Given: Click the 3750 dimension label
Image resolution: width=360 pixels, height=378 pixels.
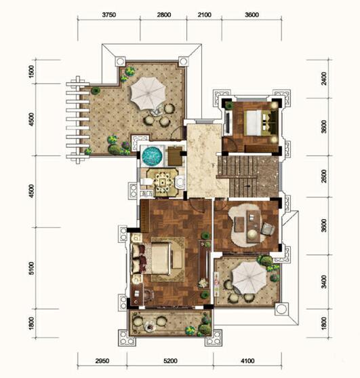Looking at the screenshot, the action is pyautogui.click(x=109, y=15).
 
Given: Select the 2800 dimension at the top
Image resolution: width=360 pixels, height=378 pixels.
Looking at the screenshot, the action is pyautogui.click(x=164, y=15).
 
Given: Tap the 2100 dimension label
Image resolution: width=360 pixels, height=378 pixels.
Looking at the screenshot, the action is pyautogui.click(x=205, y=15).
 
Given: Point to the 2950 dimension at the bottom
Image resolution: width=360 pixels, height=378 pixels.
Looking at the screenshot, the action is pyautogui.click(x=102, y=361).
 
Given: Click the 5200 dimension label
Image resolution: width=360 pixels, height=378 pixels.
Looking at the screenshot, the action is pyautogui.click(x=170, y=361).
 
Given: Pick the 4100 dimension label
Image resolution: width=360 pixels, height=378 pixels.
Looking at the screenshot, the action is pyautogui.click(x=247, y=361).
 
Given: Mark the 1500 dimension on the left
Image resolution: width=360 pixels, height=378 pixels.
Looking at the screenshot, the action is pyautogui.click(x=32, y=72).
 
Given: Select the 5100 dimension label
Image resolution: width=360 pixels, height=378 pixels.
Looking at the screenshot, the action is pyautogui.click(x=32, y=268).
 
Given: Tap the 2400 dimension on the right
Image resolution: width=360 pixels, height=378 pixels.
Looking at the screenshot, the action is pyautogui.click(x=324, y=78).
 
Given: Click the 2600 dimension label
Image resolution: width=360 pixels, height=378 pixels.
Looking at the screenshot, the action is pyautogui.click(x=324, y=176).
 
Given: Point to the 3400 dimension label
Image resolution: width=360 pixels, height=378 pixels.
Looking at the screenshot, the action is pyautogui.click(x=324, y=282).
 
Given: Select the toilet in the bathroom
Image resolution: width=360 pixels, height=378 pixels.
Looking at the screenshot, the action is pyautogui.click(x=146, y=181).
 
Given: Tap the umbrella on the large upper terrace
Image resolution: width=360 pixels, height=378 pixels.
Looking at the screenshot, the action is pyautogui.click(x=148, y=93).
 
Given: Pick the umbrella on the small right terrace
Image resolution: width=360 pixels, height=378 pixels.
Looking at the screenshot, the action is pyautogui.click(x=249, y=278).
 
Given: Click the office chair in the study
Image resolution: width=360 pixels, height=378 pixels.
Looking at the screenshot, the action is pyautogui.click(x=268, y=229).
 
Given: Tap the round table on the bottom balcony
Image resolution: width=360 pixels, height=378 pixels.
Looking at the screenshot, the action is pyautogui.click(x=149, y=326).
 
